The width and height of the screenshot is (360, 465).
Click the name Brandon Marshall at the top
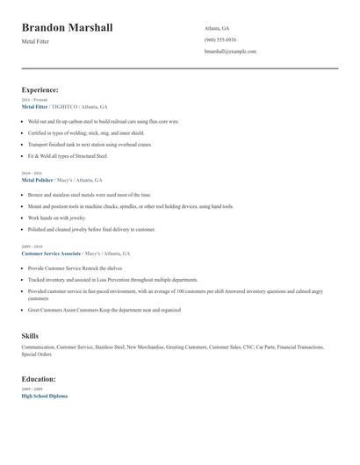tap(67, 28)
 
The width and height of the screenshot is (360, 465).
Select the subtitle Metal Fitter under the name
tap(36, 43)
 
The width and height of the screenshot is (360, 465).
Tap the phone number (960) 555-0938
tap(220, 40)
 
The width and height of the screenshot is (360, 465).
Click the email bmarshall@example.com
tap(230, 52)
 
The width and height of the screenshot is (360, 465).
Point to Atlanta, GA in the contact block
tap(217, 28)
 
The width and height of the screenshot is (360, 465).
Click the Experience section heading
tap(40, 89)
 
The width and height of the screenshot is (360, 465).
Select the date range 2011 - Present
tap(35, 100)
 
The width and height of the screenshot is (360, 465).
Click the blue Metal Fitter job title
tap(34, 106)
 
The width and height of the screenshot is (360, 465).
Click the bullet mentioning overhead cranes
tap(90, 144)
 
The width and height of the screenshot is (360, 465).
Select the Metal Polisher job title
tap(38, 180)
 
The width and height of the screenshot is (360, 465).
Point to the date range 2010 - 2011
tap(32, 174)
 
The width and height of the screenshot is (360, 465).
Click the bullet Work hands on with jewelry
tap(57, 218)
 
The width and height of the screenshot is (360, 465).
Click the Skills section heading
tap(30, 336)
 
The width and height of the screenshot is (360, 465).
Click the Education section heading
tap(39, 379)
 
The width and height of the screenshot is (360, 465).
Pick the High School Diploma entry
tap(44, 396)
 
